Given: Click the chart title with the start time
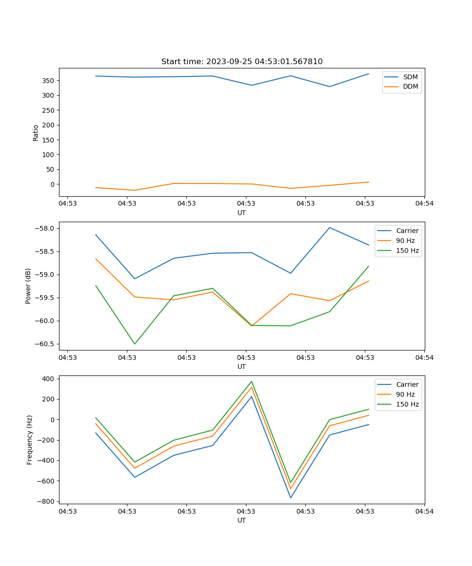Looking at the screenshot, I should pyautogui.click(x=242, y=62).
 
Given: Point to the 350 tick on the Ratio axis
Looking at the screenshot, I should pyautogui.click(x=49, y=81).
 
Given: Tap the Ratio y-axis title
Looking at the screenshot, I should pyautogui.click(x=36, y=133).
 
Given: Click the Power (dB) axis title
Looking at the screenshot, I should pyautogui.click(x=28, y=286).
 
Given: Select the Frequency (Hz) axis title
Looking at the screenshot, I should pyautogui.click(x=30, y=440).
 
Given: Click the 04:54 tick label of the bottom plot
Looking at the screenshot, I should pyautogui.click(x=424, y=511).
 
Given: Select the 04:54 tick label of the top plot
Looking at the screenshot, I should pyautogui.click(x=424, y=204).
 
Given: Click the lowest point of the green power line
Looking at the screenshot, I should pyautogui.click(x=135, y=344).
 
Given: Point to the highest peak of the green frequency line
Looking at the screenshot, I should pyautogui.click(x=252, y=381).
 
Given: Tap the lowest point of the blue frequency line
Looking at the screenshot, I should pyautogui.click(x=291, y=498).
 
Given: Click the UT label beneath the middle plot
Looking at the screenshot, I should pyautogui.click(x=242, y=366).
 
